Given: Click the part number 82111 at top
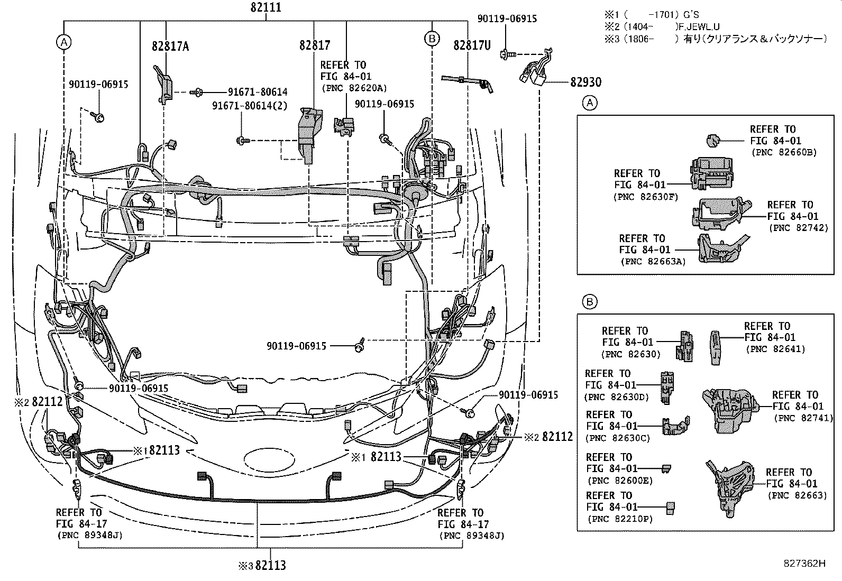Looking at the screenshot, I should [266, 7].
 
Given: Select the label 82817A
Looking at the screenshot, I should [170, 47].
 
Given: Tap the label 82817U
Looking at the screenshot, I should [472, 45].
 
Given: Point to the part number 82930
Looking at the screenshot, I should [585, 82].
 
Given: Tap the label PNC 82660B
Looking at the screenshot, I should [784, 153].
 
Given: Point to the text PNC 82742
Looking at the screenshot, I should [798, 228].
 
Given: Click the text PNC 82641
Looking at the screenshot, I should [775, 349].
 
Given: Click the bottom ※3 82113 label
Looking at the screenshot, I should [263, 566].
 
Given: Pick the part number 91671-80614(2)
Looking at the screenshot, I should [250, 106].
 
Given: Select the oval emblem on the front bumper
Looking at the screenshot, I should [271, 458].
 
